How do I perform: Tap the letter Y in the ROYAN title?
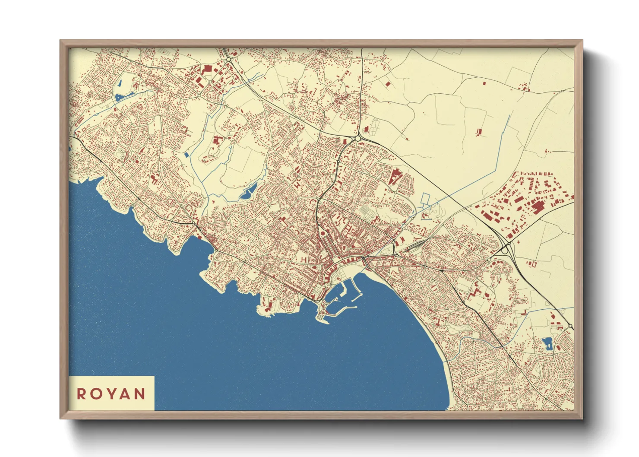click(110, 394)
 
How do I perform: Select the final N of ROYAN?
click(139, 394)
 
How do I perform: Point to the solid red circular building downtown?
click(322, 234)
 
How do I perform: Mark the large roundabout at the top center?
click(358, 138)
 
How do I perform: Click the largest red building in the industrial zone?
click(538, 208)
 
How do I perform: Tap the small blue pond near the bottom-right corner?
click(547, 343)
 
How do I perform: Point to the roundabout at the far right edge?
click(571, 327)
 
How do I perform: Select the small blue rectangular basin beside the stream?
click(187, 155)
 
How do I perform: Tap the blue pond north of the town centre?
click(248, 193)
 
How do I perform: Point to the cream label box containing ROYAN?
click(111, 393)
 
